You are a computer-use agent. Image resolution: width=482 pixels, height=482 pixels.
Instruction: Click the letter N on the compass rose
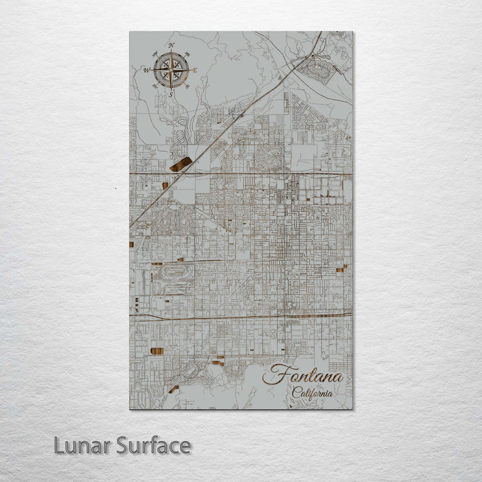click(x=171, y=46)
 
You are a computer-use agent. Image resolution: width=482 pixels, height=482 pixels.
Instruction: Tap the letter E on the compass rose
click(x=195, y=70)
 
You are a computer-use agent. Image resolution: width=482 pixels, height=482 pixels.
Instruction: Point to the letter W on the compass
click(x=146, y=69)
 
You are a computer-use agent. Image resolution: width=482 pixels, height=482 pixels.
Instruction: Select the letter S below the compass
click(x=170, y=94)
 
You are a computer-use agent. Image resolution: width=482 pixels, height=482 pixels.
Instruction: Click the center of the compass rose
click(x=171, y=70)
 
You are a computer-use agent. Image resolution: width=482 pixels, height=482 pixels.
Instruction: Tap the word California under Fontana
click(x=312, y=393)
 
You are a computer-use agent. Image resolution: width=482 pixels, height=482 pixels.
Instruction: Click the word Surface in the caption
click(x=153, y=445)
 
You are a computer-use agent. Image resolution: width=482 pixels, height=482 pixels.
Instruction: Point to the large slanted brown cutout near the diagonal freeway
click(x=181, y=164)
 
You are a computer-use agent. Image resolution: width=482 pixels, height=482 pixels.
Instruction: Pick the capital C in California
click(x=295, y=393)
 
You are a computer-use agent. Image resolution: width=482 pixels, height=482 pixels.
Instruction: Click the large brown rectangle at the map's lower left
click(x=157, y=351)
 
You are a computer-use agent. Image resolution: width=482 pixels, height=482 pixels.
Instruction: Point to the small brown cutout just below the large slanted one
click(x=165, y=185)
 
